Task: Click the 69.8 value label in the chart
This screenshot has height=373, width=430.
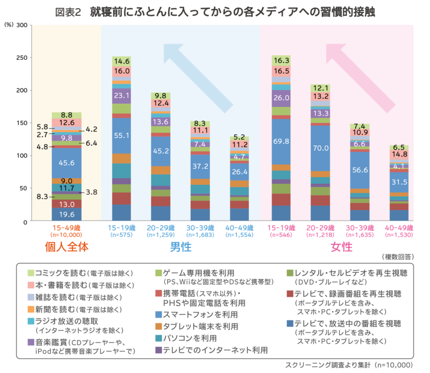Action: click(x=281, y=142)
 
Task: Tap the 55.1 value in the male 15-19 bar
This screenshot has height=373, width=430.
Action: click(x=121, y=136)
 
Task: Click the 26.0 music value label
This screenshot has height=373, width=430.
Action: click(x=281, y=98)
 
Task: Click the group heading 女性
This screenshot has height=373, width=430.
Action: click(x=341, y=247)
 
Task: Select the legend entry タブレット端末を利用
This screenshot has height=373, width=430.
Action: click(x=200, y=326)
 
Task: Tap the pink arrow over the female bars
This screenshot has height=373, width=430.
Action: click(x=357, y=72)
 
